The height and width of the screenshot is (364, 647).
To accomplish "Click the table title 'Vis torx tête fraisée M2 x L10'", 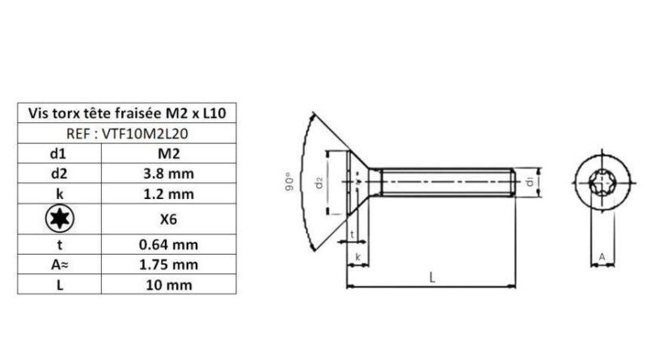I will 128,113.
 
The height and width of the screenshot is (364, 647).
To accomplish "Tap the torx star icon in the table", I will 58,218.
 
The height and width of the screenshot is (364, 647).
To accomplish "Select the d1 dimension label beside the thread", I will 529,183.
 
